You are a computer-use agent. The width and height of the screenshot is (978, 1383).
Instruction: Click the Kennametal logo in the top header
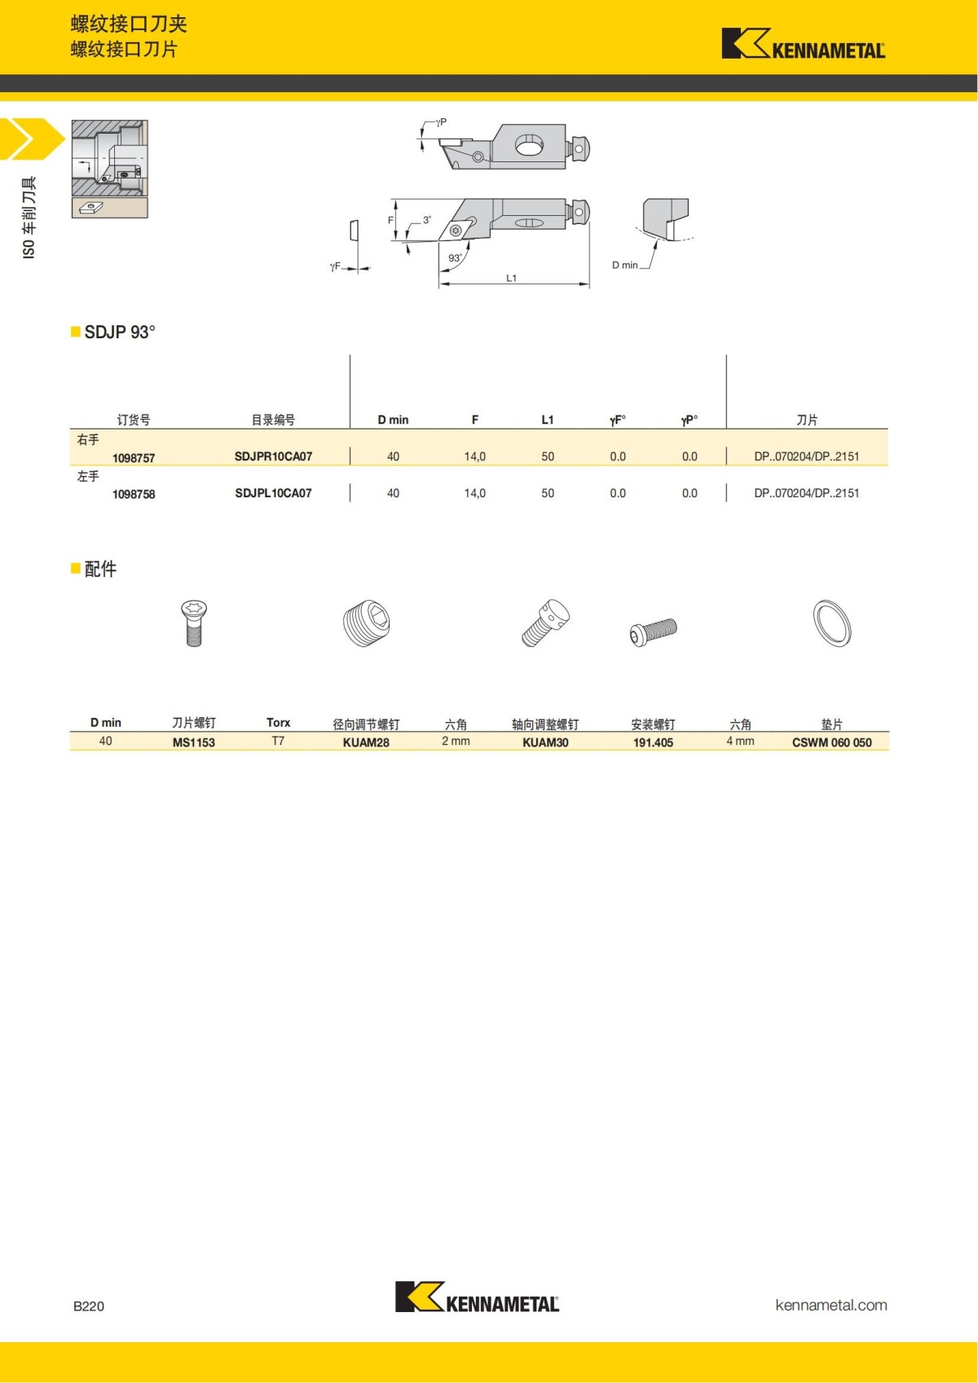[803, 44]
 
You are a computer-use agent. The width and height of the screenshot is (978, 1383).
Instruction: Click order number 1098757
[134, 458]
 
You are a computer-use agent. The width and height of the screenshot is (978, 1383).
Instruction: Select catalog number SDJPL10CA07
[273, 493]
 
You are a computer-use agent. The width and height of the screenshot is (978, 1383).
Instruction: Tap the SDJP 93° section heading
[119, 332]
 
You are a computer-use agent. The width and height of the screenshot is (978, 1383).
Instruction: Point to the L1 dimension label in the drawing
[511, 278]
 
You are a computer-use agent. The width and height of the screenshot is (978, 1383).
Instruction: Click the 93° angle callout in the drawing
[455, 258]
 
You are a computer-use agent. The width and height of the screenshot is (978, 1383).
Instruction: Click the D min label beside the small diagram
[624, 265]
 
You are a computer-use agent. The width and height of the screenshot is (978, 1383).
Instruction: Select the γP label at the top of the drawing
[441, 122]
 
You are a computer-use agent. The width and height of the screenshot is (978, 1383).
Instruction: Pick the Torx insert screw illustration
[194, 623]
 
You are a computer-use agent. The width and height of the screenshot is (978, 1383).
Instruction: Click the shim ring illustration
[832, 623]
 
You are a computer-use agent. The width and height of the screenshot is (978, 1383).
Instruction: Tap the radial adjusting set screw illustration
[366, 624]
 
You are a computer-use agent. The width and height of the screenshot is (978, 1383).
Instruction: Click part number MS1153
[193, 742]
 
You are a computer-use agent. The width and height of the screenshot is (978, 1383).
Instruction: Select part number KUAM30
[545, 742]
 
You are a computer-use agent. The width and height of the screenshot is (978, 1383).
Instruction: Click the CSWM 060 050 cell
[831, 742]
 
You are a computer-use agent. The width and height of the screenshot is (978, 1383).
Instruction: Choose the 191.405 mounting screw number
[653, 742]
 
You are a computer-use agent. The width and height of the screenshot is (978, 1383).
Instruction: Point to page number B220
[89, 1306]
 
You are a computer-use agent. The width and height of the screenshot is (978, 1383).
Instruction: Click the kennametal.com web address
[830, 1305]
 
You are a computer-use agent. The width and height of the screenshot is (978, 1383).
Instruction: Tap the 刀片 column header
[806, 420]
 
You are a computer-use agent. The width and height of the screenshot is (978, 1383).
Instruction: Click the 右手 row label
[88, 440]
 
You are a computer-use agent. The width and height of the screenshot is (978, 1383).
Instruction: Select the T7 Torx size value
[278, 741]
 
